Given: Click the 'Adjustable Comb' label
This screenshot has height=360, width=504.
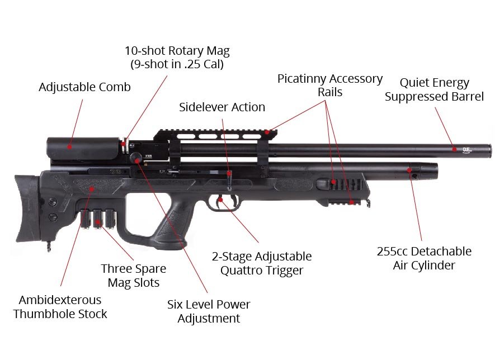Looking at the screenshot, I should point(84,87).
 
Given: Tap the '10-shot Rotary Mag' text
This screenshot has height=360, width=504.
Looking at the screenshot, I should point(177,51).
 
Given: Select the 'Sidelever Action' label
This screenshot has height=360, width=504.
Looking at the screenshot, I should point(222,107).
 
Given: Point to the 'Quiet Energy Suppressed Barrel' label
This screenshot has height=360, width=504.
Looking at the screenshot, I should point(434,89).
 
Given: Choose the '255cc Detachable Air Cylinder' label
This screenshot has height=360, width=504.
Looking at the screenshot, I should point(424,258).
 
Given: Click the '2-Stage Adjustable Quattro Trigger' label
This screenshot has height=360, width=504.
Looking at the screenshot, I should point(262,263).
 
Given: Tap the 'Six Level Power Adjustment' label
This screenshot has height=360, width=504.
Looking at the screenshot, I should point(209,311).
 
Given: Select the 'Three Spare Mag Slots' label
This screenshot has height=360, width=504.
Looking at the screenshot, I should point(134,275).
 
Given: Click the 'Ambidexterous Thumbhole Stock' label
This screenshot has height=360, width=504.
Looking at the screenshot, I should point(60,306).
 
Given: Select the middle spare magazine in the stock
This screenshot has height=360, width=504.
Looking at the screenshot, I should point(98,219).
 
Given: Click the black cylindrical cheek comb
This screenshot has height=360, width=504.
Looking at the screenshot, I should point(84,146).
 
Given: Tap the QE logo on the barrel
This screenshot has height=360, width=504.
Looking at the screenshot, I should point(467,149).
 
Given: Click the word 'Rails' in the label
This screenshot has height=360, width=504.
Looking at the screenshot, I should point(330,92).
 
